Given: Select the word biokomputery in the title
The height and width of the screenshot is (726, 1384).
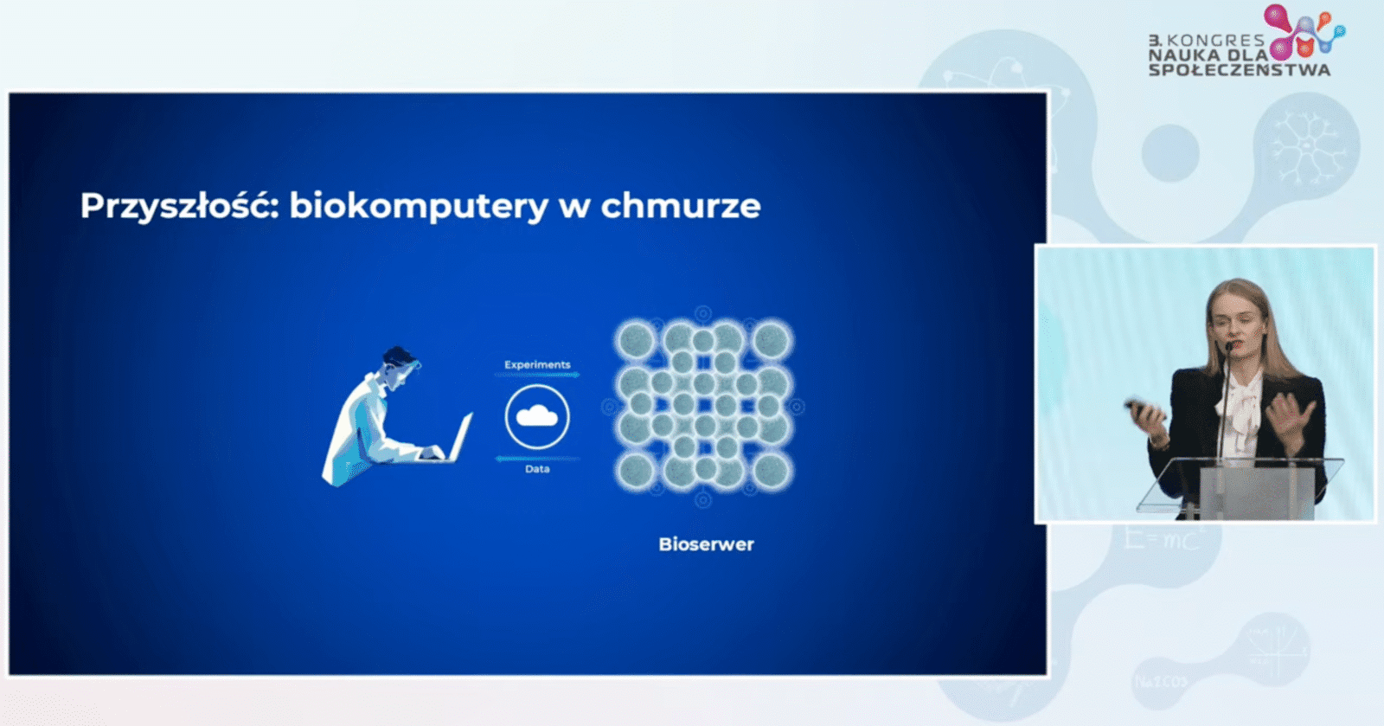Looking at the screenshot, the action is click(x=419, y=206).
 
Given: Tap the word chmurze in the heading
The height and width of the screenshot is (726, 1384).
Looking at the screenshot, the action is click(x=681, y=205).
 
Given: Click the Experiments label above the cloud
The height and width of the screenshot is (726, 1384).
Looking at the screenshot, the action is click(x=537, y=364).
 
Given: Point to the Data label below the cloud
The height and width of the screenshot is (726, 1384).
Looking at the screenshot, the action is click(x=537, y=469).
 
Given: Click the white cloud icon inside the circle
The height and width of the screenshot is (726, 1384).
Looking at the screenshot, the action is click(x=537, y=416).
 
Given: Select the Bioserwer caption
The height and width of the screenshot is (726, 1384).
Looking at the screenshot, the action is click(x=706, y=544).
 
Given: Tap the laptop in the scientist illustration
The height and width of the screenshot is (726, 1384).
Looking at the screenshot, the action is click(x=454, y=440).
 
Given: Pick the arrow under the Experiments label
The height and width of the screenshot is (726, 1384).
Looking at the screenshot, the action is click(x=537, y=375).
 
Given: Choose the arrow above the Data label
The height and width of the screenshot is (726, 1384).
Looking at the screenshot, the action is click(x=537, y=459).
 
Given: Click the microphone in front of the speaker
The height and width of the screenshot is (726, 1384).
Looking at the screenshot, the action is click(x=1224, y=402).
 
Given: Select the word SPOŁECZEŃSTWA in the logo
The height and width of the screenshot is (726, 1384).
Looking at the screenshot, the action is click(x=1240, y=70).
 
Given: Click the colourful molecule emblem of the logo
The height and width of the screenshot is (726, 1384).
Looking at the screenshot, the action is click(x=1304, y=32).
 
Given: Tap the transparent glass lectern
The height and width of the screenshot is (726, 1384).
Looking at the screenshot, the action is click(x=1242, y=488).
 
